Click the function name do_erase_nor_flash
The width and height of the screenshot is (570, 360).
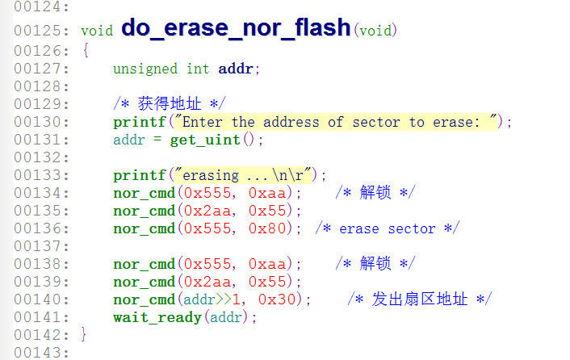pyautogui.click(x=235, y=28)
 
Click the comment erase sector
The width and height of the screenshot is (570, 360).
pyautogui.click(x=388, y=228)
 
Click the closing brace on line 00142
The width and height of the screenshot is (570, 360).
pyautogui.click(x=85, y=334)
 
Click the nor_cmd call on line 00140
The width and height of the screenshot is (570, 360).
pyautogui.click(x=145, y=299)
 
